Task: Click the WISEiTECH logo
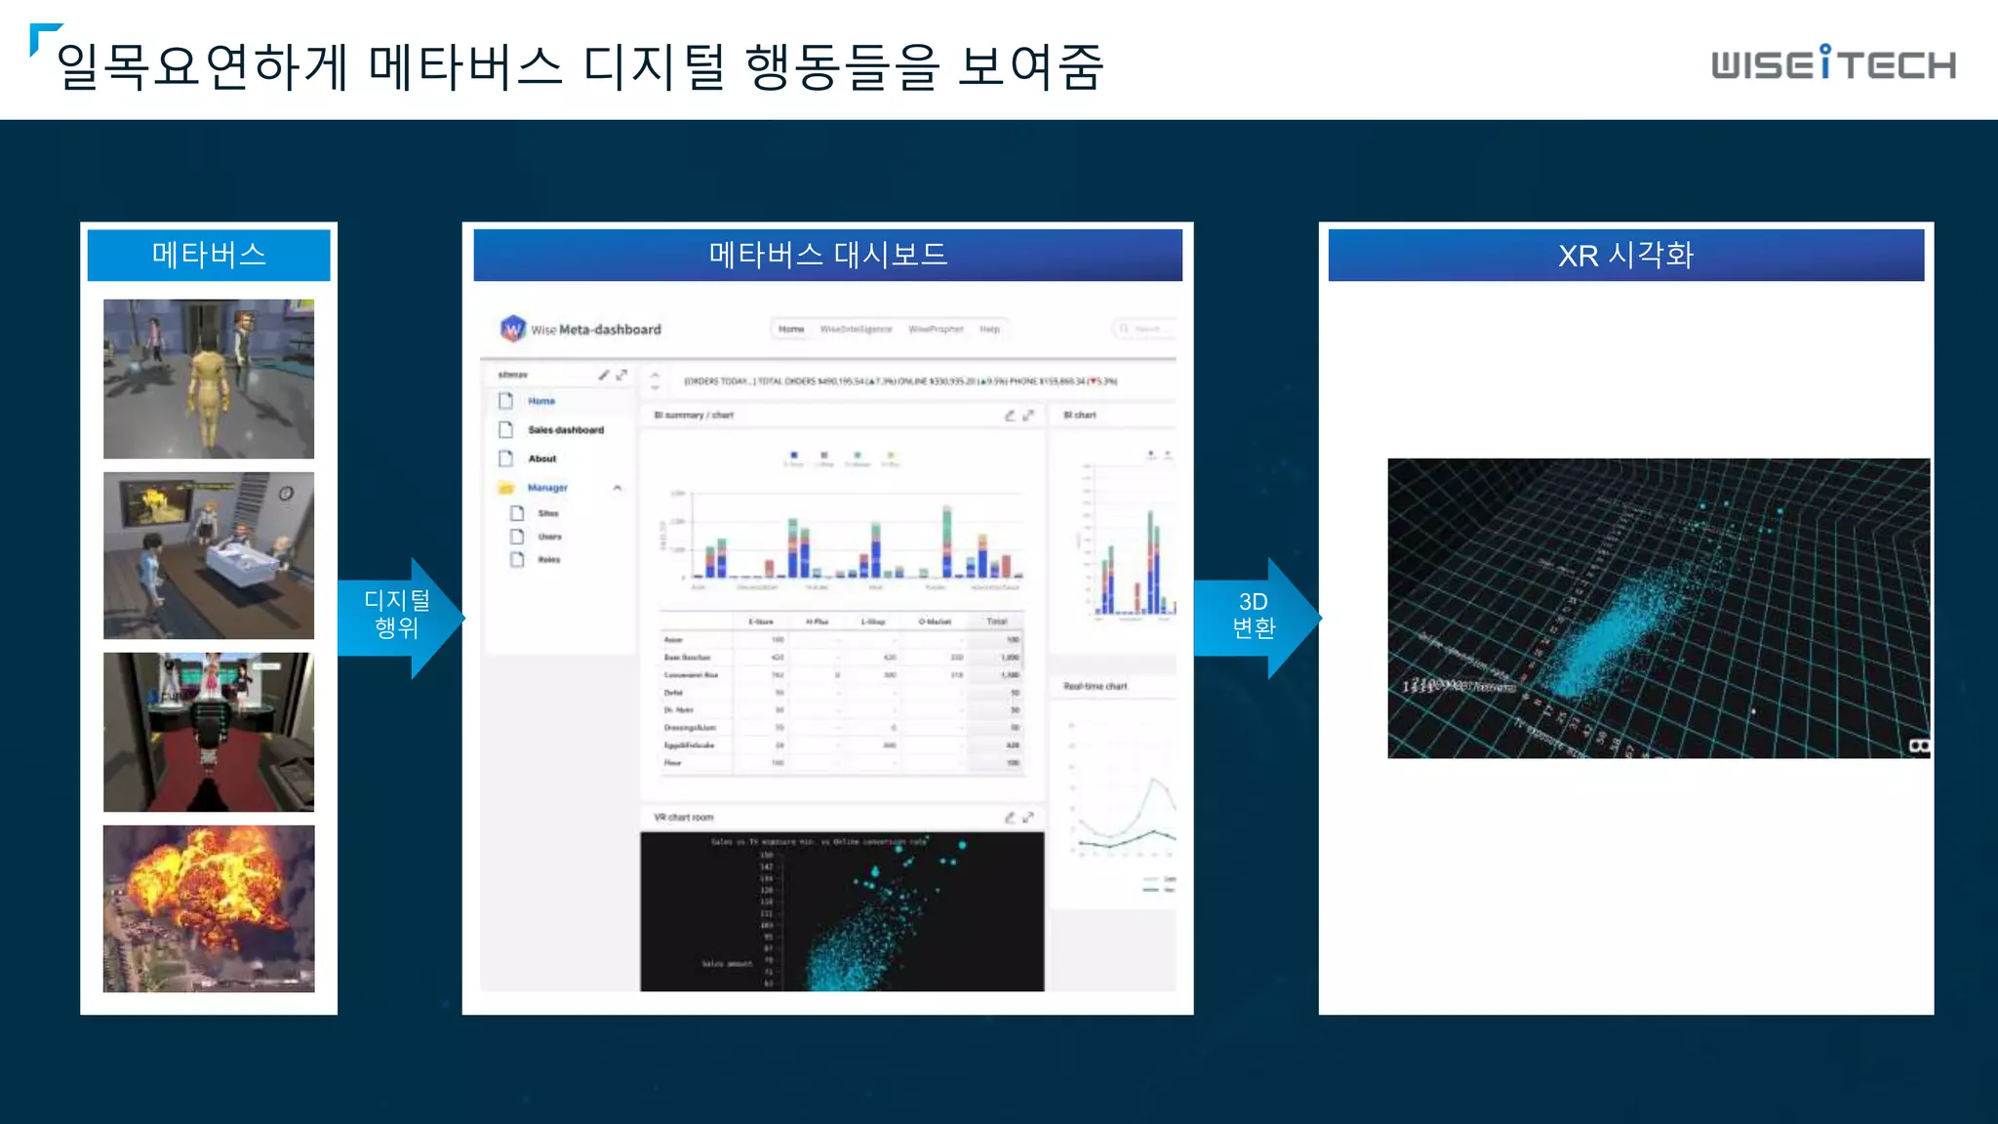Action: [x=1833, y=64]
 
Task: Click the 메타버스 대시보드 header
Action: [x=827, y=255]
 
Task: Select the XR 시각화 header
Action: [x=1625, y=255]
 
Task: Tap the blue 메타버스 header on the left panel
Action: [x=209, y=255]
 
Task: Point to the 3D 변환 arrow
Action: [x=1257, y=616]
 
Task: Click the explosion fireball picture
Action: [x=209, y=907]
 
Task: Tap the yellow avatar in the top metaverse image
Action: [x=209, y=390]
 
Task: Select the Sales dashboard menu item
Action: [x=566, y=430]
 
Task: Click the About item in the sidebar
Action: [x=542, y=459]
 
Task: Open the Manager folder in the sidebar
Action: [x=546, y=488]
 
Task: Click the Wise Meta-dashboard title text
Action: [x=596, y=330]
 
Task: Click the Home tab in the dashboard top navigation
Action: [x=791, y=330]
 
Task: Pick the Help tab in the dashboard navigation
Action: [x=989, y=330]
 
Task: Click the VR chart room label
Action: [x=684, y=818]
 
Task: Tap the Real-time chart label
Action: [x=1095, y=687]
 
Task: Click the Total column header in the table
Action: [x=996, y=622]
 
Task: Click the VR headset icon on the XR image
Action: [x=1918, y=746]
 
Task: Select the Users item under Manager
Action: [x=549, y=537]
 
